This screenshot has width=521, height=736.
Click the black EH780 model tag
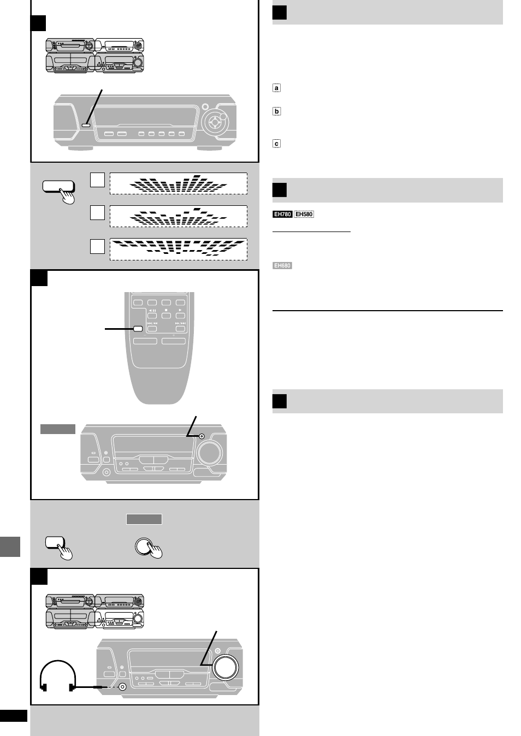[282, 215]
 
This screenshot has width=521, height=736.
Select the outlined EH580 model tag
[304, 215]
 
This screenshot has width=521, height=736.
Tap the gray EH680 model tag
[282, 266]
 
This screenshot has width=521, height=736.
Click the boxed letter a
[276, 88]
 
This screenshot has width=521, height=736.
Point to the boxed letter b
[276, 111]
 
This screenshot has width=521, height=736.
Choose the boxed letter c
[276, 144]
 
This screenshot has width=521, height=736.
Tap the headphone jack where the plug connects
[123, 687]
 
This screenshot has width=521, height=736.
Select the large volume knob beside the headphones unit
[226, 667]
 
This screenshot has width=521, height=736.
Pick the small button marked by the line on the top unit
[85, 126]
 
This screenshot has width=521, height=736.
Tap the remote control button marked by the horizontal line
[138, 329]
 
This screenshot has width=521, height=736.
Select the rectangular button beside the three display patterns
[57, 187]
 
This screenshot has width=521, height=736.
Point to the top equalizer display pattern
[178, 183]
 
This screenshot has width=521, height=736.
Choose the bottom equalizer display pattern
[178, 249]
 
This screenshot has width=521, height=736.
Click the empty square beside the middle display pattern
[97, 212]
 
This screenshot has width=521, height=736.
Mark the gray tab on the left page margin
[10, 546]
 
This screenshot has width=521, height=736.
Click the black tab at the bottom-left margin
[14, 716]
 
